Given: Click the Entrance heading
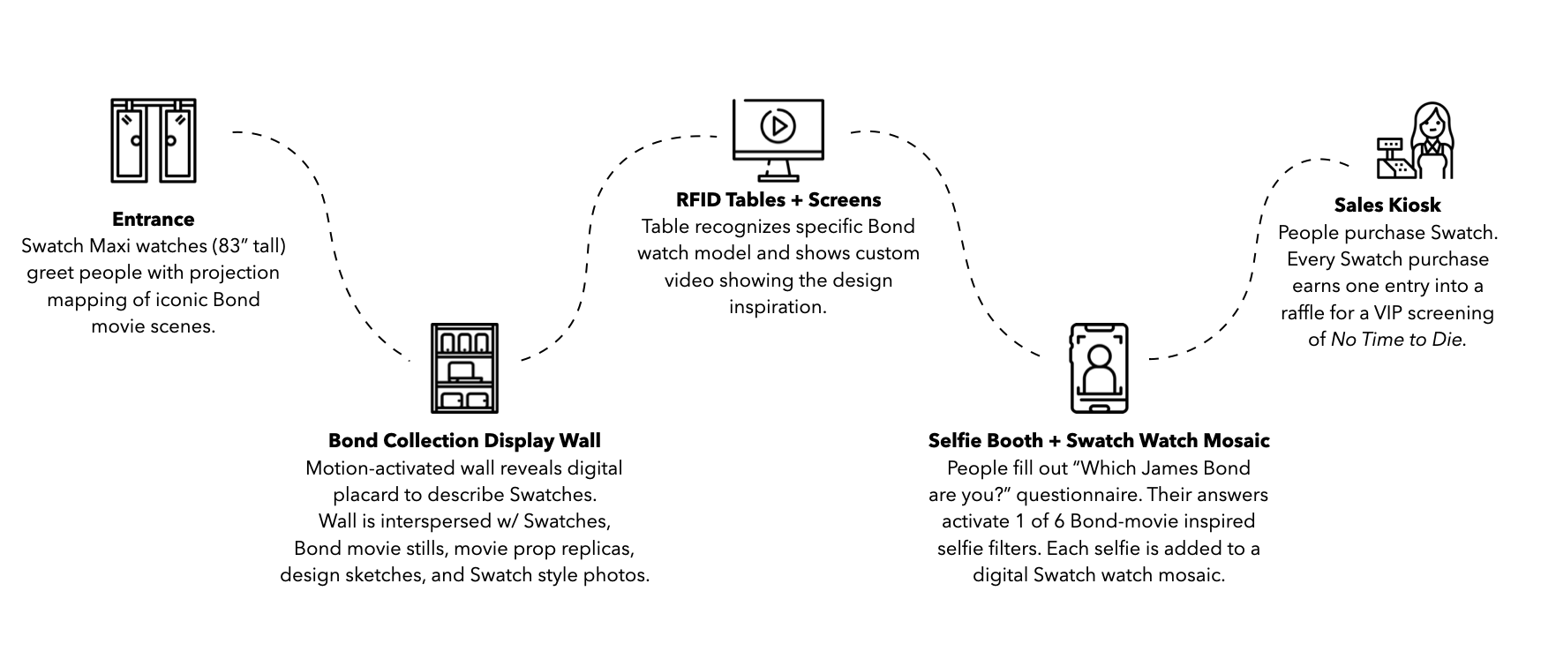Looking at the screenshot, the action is click(x=153, y=219).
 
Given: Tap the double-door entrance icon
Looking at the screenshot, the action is click(x=154, y=141).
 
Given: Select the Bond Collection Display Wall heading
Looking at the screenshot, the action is click(x=464, y=440).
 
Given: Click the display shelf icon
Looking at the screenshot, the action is click(x=464, y=368).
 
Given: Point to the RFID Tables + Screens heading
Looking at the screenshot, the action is click(x=778, y=199).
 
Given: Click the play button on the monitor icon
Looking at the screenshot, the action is click(x=778, y=125).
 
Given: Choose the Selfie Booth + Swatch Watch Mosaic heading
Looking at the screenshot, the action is click(x=1099, y=440).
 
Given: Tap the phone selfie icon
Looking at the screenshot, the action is click(x=1099, y=368).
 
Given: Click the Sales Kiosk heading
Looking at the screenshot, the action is click(x=1387, y=205).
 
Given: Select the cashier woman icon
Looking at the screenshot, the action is click(x=1430, y=141).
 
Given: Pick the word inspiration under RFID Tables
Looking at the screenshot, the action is click(x=778, y=307).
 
